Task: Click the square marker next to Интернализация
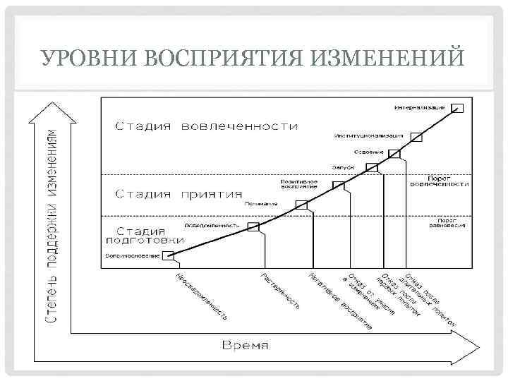(x=457, y=107)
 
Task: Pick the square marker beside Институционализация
(x=416, y=137)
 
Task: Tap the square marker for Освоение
(x=394, y=153)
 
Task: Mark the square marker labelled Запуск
(x=372, y=168)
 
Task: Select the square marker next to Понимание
(x=302, y=204)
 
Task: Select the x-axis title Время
(x=246, y=346)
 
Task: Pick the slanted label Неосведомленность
(x=201, y=296)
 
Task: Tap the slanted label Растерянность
(x=281, y=291)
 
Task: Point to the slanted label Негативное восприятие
(x=339, y=301)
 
